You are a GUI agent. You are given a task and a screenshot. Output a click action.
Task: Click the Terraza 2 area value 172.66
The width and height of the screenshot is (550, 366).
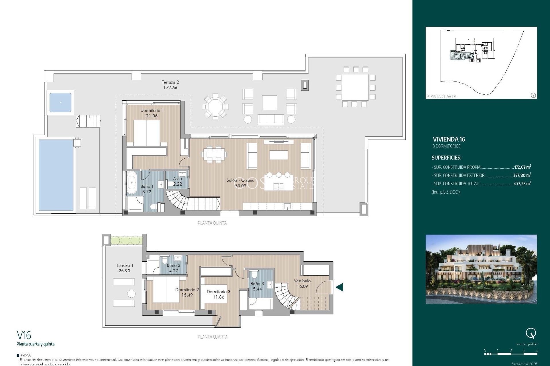point(170,87)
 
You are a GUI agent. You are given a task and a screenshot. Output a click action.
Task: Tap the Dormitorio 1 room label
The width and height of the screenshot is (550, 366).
point(152,110)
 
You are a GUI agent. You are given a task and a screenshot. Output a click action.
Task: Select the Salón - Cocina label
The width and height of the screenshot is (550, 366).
point(240,180)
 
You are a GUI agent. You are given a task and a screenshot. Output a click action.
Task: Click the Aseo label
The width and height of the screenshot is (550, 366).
point(177,179)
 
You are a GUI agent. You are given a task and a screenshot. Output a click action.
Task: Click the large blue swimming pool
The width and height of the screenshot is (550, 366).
point(56,175)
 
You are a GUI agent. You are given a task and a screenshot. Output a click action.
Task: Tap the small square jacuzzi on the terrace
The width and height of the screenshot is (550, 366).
point(60,102)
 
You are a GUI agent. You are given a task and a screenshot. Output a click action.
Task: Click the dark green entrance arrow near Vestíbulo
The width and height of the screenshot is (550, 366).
point(339,287)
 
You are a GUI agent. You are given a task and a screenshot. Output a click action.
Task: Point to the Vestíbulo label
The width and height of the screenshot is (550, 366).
point(302,281)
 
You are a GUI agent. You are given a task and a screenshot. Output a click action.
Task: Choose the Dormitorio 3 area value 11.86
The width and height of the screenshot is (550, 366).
point(219,297)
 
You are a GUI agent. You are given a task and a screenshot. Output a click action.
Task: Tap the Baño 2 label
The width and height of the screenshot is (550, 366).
point(174,265)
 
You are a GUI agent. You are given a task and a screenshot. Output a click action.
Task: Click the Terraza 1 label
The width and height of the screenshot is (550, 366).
point(125,265)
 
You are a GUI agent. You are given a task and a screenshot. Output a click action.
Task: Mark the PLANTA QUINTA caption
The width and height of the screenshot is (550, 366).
point(212,223)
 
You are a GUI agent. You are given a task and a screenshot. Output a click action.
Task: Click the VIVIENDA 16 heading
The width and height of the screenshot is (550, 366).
point(449,140)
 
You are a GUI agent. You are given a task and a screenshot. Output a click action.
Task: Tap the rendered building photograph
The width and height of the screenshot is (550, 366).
point(481,269)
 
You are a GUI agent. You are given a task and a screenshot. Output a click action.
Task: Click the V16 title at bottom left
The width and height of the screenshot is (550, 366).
point(24,335)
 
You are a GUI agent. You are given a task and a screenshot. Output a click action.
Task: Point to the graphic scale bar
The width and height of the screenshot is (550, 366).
point(511,354)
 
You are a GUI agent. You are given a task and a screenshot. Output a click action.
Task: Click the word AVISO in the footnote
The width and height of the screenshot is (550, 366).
point(25,355)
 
